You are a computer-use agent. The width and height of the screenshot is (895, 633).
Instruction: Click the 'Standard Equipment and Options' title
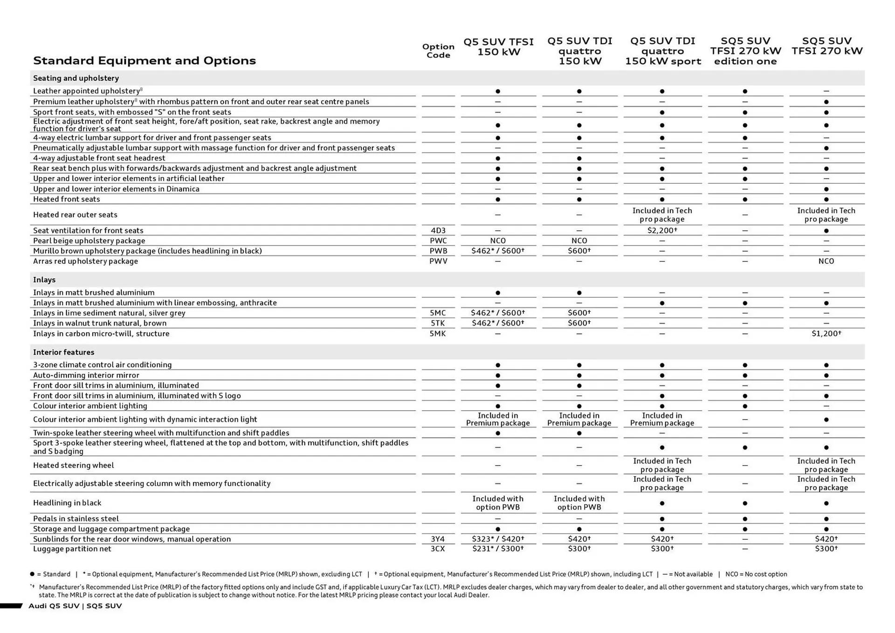tap(144, 61)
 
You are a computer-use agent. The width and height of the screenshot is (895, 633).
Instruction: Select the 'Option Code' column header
tap(438, 51)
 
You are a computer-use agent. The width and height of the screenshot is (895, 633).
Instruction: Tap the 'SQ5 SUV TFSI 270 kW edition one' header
tap(745, 51)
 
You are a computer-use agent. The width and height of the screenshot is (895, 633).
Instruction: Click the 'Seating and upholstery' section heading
tap(76, 78)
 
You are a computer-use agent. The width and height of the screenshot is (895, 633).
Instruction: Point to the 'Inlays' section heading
tap(44, 280)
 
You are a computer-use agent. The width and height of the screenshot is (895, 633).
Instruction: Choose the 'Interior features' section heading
tap(63, 352)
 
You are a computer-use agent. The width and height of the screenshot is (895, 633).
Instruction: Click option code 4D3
tap(438, 230)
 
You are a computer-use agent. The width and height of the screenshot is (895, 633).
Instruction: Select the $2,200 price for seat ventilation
tap(662, 230)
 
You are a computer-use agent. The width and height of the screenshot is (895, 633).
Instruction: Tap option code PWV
tap(438, 261)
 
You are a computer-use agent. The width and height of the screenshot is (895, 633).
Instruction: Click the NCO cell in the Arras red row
tap(826, 261)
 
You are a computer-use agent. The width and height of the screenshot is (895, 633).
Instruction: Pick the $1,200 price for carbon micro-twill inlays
tap(826, 334)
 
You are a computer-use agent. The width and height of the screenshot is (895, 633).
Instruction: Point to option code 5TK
tap(438, 323)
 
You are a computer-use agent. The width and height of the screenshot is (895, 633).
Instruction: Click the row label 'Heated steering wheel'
tap(74, 465)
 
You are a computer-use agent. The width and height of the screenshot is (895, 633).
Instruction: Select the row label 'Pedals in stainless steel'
tap(76, 518)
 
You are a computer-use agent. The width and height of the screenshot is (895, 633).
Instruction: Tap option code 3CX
tap(438, 549)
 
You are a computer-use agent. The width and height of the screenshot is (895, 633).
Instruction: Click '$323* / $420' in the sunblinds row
tap(498, 539)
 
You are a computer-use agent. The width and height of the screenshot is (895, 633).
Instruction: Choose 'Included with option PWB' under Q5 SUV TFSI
tap(498, 503)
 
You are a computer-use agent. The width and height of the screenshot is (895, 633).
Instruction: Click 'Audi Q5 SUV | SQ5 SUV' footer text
tap(75, 606)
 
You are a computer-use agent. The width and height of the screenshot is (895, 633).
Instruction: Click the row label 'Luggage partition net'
tap(72, 549)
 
